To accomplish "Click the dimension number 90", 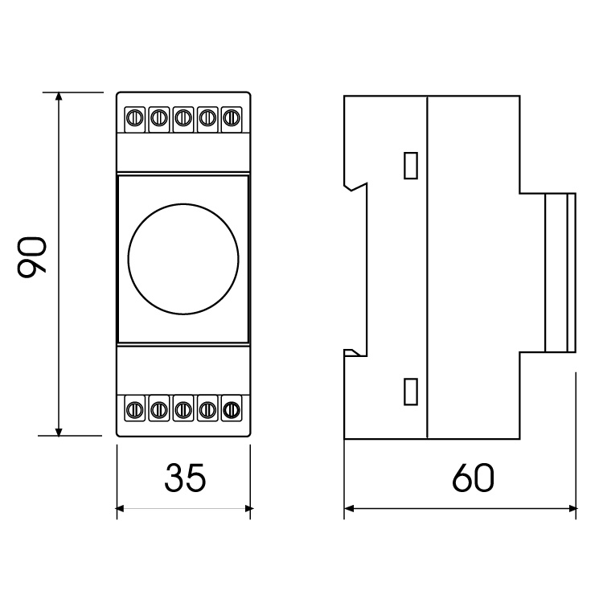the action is click(32, 256).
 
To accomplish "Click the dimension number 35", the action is click(185, 478).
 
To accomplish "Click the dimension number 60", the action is click(473, 478).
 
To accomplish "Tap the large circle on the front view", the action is click(183, 259).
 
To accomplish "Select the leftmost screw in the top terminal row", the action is click(135, 118).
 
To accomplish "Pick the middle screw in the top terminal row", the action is click(183, 118).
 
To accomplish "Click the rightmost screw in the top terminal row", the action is click(232, 118).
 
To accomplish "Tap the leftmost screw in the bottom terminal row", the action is click(135, 410).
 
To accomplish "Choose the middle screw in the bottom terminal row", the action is click(183, 410).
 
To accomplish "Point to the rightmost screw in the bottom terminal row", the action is click(232, 410).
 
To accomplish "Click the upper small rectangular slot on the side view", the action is click(411, 166).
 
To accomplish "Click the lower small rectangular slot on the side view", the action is click(411, 392).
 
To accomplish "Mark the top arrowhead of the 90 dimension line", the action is click(59, 96).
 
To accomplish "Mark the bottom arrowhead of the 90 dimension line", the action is click(59, 431).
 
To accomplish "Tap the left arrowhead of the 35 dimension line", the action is click(121, 508).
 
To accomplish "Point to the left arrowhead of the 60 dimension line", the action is click(349, 508).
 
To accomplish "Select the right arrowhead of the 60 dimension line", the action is click(572, 508).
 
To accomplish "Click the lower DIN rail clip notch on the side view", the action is click(352, 353).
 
